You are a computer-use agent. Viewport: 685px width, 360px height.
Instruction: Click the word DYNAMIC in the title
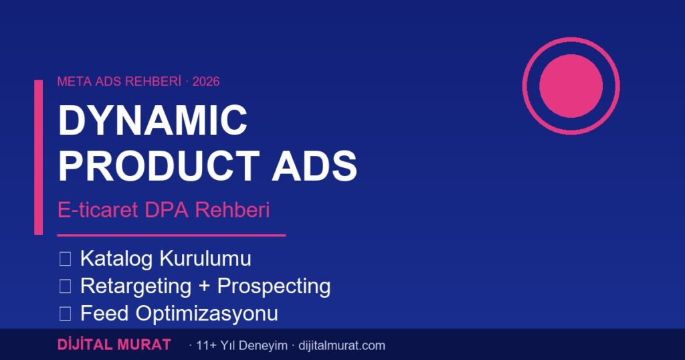click(x=153, y=121)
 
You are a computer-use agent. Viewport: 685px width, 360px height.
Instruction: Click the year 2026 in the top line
click(x=206, y=82)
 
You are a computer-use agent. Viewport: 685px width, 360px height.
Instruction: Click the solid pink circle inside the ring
click(x=571, y=86)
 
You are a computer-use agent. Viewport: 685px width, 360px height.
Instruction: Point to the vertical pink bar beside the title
click(x=38, y=157)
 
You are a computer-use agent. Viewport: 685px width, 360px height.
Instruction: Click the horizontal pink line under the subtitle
click(x=171, y=236)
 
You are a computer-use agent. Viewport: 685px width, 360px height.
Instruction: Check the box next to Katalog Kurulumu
click(x=65, y=259)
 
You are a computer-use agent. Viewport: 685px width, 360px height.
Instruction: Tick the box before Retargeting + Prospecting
click(x=65, y=286)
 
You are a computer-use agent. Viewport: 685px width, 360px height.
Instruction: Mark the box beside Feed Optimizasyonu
click(x=65, y=313)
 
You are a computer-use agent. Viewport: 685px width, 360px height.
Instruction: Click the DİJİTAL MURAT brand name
click(x=114, y=345)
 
